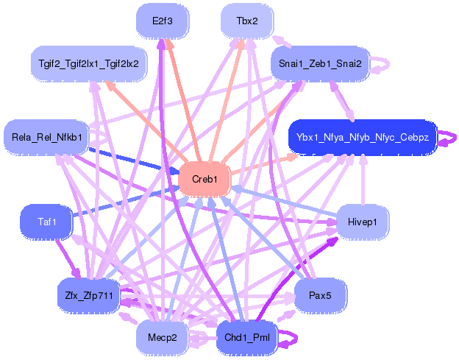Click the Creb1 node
pos(204,179)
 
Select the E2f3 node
pos(163,21)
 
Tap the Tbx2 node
pos(247,21)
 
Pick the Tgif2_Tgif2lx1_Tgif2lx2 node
pos(89,63)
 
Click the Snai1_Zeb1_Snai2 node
pos(320,63)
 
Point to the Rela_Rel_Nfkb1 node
pos(46,137)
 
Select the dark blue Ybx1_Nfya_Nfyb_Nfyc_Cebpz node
pos(363,137)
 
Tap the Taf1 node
pos(46,222)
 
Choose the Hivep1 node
pos(363,222)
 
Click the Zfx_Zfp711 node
pos(89,295)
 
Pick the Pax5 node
pos(320,295)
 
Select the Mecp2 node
pos(163,337)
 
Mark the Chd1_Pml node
pos(247,337)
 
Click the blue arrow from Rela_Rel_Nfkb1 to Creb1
pos(133,160)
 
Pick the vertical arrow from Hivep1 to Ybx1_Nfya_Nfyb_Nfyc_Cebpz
pos(363,180)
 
